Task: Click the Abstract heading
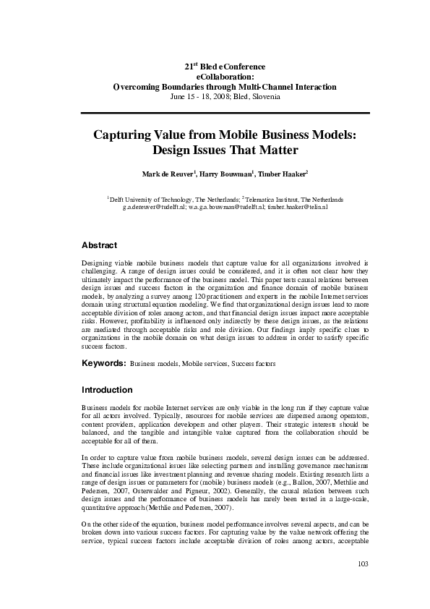coord(100,245)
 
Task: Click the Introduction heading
coord(107,389)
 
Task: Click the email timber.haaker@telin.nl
coord(298,207)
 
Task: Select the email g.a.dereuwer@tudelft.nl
coord(153,207)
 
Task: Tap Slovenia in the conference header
coord(266,96)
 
